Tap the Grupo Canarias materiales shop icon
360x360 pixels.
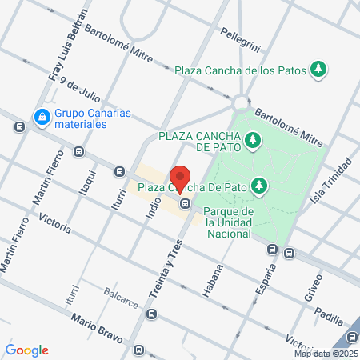point(41,117)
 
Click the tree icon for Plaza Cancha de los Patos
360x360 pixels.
point(319,70)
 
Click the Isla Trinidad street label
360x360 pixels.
point(335,182)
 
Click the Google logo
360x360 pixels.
point(26,350)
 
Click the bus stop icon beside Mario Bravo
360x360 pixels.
point(140,350)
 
